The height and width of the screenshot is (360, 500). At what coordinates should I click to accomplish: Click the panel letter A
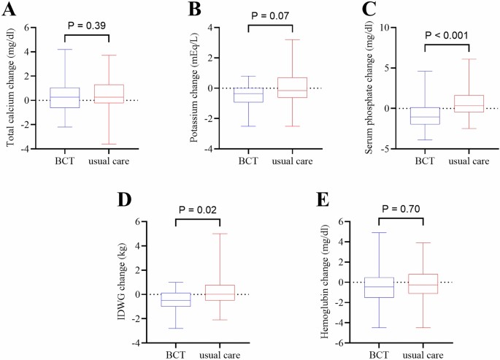point(9,9)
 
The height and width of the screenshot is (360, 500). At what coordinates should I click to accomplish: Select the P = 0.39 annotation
point(87,26)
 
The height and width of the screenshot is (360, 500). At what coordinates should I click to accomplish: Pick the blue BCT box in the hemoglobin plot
point(380,287)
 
